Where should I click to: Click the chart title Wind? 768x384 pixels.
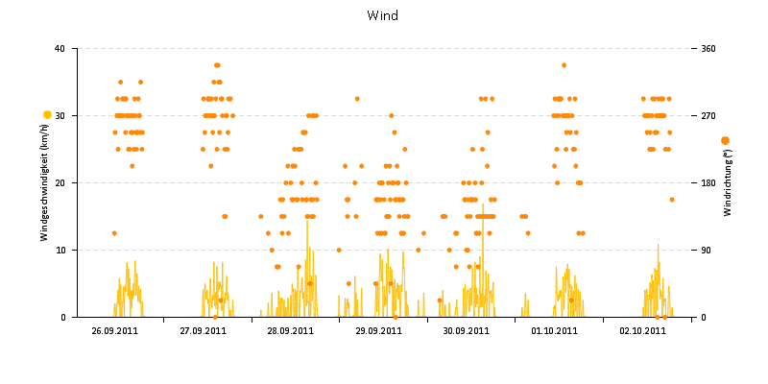click(382, 15)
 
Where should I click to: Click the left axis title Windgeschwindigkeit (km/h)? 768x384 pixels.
click(44, 182)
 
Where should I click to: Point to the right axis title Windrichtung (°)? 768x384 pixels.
click(728, 182)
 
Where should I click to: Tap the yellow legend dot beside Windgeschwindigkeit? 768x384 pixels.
click(47, 115)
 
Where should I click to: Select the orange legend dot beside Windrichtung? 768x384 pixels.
click(725, 141)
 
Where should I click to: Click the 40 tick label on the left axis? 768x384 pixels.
click(60, 48)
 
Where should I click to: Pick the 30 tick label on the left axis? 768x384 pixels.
click(60, 115)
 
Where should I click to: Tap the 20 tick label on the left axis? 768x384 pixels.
click(60, 182)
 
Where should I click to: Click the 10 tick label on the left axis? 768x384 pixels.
click(60, 250)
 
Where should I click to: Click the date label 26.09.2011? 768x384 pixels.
click(114, 331)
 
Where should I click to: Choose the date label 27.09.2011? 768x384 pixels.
click(203, 331)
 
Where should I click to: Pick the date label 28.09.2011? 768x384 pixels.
click(290, 331)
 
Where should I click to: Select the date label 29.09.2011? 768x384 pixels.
click(378, 331)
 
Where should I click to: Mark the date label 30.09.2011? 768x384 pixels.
click(467, 331)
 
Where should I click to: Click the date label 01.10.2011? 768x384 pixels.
click(554, 331)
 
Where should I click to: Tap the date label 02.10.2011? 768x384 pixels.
click(642, 331)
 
